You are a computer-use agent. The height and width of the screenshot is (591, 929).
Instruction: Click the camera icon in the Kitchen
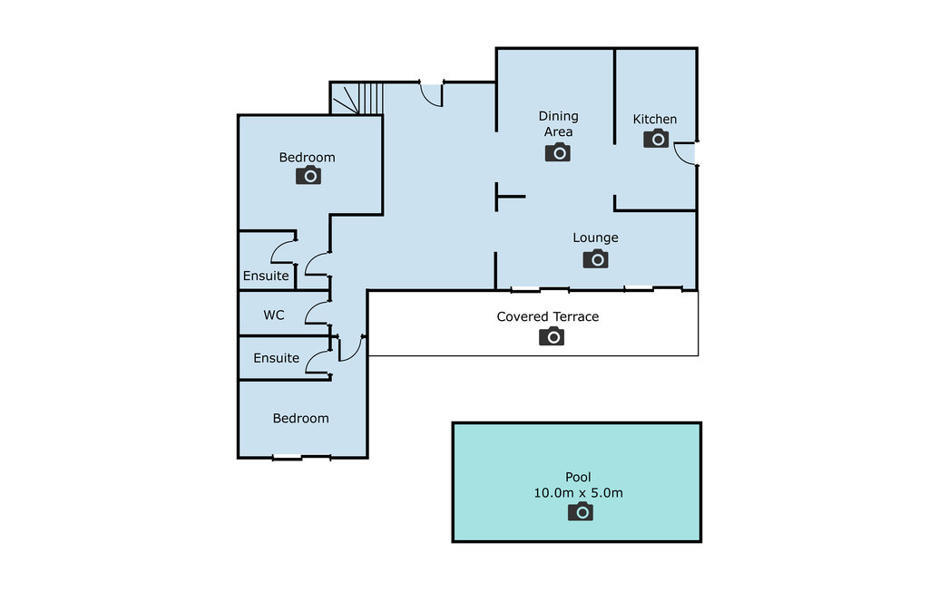pos(655,139)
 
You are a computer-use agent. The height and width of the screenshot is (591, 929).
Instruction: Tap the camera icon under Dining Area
pos(557,152)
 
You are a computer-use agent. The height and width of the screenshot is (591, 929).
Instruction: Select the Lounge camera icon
pos(595,260)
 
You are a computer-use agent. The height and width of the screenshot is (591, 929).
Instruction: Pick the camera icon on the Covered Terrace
pos(551,337)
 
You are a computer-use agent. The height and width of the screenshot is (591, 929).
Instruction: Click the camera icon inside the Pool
pos(580,513)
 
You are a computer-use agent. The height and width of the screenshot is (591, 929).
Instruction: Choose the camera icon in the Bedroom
pos(308,176)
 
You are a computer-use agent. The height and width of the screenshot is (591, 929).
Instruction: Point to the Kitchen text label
pos(654,120)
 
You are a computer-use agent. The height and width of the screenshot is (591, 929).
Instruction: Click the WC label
pos(274,315)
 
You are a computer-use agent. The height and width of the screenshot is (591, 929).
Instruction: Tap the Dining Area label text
pos(558,124)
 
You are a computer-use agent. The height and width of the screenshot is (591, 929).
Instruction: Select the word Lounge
pos(595,238)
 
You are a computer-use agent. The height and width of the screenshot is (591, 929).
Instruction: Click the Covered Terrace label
pos(547,316)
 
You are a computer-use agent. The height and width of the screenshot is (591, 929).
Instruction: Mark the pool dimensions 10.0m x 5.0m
pos(579,493)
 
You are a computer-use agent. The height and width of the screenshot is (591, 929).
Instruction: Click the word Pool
pos(578,478)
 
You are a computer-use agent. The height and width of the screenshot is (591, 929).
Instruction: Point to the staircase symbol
pos(357,98)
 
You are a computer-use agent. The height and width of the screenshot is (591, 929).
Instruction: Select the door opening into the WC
pos(317,313)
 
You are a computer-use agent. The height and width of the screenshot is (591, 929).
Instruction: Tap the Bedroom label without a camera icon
pos(300,418)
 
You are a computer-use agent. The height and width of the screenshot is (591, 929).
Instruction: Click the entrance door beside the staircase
pos(431,93)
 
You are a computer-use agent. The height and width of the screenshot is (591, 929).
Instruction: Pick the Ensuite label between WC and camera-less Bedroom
pos(276,358)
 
